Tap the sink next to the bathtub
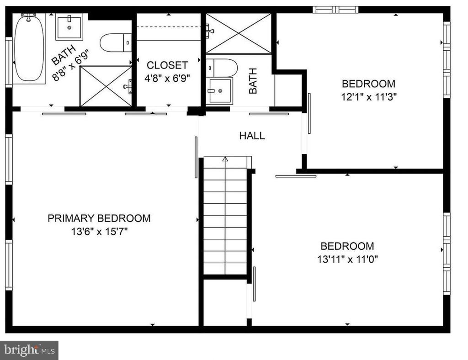point(69,27)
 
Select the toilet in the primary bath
point(116,42)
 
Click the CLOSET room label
point(167,65)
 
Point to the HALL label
point(252,136)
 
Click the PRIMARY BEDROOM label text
point(99,218)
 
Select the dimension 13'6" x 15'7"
point(99,231)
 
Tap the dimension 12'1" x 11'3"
point(369,97)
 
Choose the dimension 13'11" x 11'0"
point(347,259)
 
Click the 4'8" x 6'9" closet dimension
point(167,78)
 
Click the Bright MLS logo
point(29,350)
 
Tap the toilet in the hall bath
point(222,68)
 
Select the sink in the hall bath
point(219,90)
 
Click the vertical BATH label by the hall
point(253,81)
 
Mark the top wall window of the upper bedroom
point(335,10)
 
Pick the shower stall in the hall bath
point(239,33)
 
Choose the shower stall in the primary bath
point(106,86)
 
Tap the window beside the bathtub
point(9,62)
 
